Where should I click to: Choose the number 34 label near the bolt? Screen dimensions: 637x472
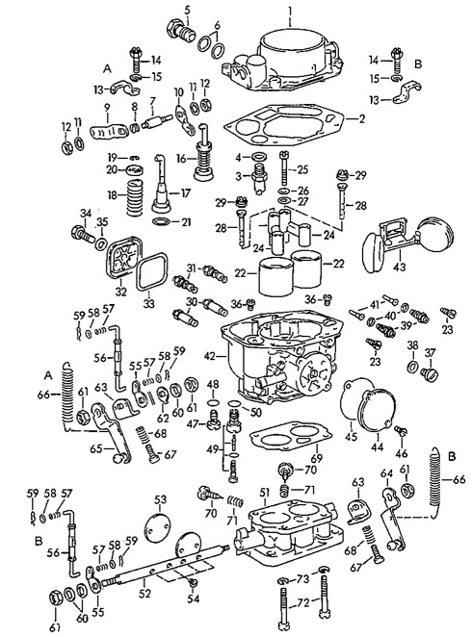[x=84, y=214]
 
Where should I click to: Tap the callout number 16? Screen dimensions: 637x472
[x=181, y=158]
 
